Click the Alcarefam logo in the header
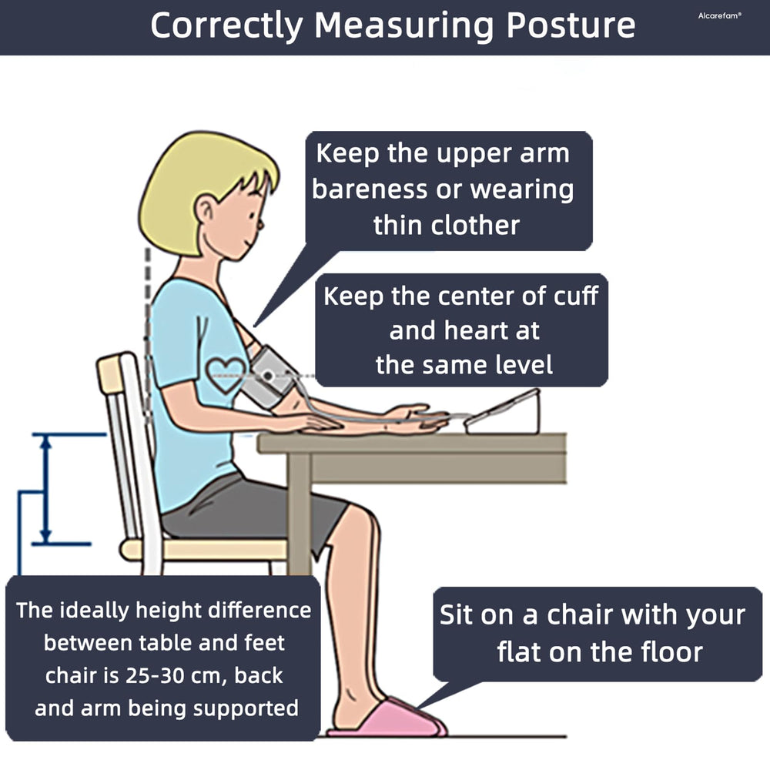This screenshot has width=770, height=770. pos(719,15)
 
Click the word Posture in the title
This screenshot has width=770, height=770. pos(571,25)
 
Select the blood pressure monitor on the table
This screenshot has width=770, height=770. pos(503,413)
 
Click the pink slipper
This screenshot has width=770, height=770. pos(388,718)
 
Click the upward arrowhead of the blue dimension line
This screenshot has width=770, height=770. pos(46,442)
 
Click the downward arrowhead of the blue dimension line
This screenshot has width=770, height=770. pos(46,536)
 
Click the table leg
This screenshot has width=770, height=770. pos(299,513)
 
